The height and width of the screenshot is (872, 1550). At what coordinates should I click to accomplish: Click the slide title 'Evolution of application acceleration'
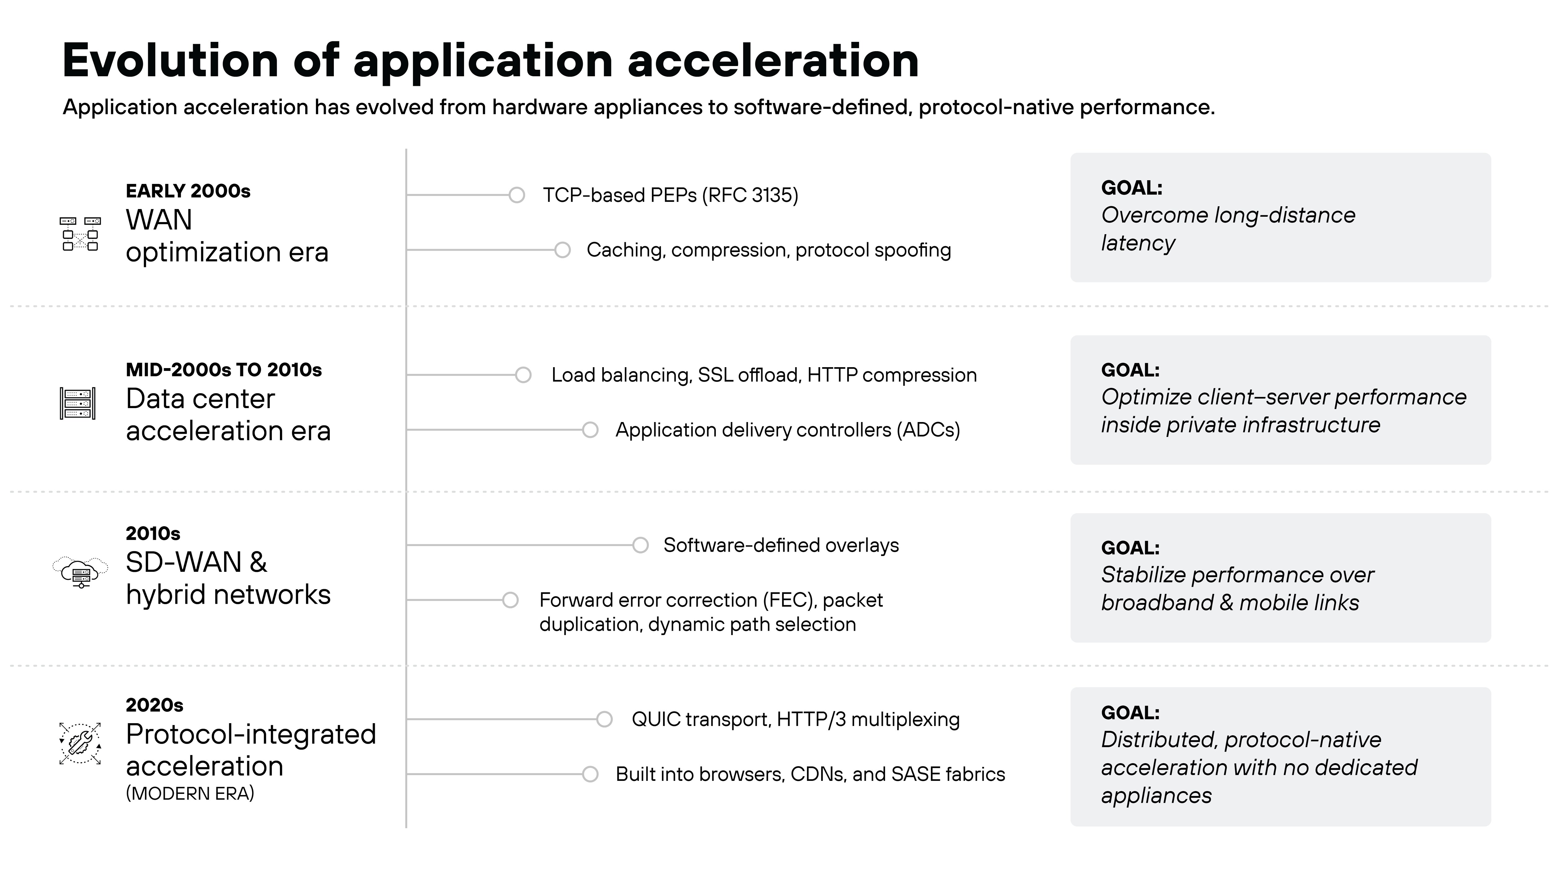pyautogui.click(x=490, y=61)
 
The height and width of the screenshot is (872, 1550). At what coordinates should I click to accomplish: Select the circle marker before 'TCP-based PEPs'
pyautogui.click(x=516, y=195)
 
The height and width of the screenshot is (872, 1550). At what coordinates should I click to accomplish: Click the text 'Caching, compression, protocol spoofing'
pyautogui.click(x=768, y=250)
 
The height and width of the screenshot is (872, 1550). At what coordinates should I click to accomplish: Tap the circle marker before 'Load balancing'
pyautogui.click(x=523, y=375)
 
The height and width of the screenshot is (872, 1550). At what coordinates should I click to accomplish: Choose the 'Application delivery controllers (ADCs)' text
pyautogui.click(x=787, y=430)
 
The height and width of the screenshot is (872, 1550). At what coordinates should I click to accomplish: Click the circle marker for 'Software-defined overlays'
pyautogui.click(x=640, y=545)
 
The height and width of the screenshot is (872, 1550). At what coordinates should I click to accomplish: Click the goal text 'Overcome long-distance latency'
pyautogui.click(x=1228, y=229)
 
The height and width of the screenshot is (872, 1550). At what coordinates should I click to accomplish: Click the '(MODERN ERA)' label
pyautogui.click(x=190, y=794)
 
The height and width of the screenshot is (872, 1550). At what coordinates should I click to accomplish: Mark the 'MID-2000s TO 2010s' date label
pyautogui.click(x=223, y=370)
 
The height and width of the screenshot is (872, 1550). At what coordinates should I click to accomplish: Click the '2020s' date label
pyautogui.click(x=154, y=705)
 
